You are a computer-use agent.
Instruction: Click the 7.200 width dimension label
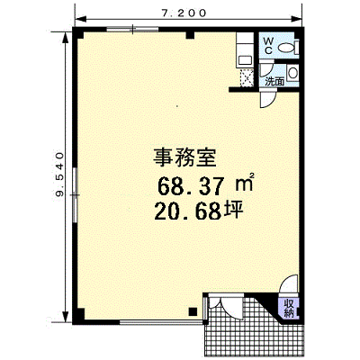click(184, 13)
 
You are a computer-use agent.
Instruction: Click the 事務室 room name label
click(184, 157)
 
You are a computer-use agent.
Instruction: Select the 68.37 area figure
click(191, 186)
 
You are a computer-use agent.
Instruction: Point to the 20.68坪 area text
click(198, 211)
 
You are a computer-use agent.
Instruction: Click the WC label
click(268, 46)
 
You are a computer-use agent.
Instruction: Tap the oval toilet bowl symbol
click(286, 48)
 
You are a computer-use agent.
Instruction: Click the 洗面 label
click(274, 81)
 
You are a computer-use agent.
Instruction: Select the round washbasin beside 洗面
click(292, 73)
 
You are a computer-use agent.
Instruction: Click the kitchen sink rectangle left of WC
click(245, 61)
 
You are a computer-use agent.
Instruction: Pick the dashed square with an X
click(247, 78)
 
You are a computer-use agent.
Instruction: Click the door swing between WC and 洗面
click(266, 69)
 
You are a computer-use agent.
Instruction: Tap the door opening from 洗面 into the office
click(268, 100)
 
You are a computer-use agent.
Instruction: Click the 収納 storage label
click(288, 309)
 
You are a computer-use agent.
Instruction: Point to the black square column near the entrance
click(193, 311)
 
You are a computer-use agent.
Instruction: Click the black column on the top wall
click(190, 35)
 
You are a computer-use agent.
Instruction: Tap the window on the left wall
click(75, 195)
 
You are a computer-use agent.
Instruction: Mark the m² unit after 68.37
click(245, 183)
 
